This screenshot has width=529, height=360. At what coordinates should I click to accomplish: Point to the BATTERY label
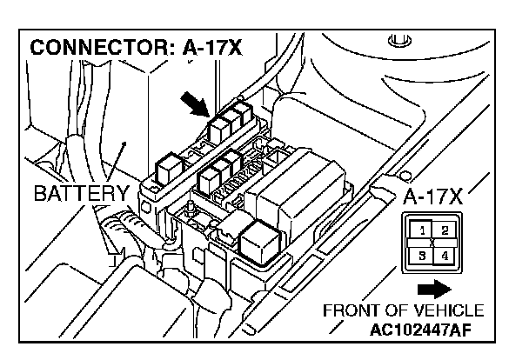click(x=81, y=192)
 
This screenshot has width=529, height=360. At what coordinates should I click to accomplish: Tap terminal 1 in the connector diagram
click(x=421, y=230)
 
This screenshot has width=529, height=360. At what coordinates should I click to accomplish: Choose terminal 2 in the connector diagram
click(x=443, y=230)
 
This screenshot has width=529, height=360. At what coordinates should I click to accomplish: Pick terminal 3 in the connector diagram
click(x=421, y=256)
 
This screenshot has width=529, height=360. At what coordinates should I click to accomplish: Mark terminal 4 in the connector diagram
click(x=443, y=256)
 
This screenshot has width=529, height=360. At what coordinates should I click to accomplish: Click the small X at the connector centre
click(x=432, y=243)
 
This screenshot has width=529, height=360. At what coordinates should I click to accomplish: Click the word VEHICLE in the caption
click(x=453, y=310)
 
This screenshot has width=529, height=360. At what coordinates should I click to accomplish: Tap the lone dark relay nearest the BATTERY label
click(x=167, y=165)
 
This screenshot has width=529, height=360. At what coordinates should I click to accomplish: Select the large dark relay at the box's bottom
click(x=258, y=237)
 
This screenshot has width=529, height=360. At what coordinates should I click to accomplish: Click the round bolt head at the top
click(x=399, y=40)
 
